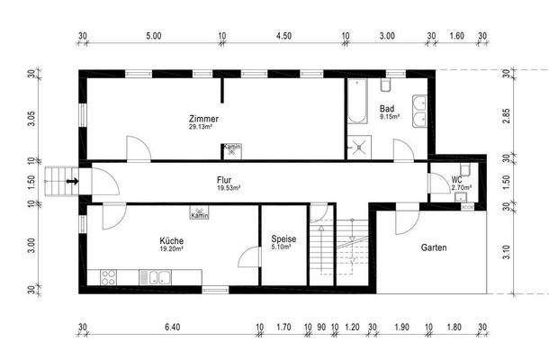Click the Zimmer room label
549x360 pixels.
coord(203,119)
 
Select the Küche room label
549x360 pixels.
coord(172,241)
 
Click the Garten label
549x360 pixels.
coord(433,247)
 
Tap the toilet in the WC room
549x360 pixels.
coord(468,203)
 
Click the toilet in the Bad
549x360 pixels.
coord(386,85)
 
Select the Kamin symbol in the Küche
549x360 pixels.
coord(200,215)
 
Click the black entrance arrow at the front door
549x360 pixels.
coord(74,182)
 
